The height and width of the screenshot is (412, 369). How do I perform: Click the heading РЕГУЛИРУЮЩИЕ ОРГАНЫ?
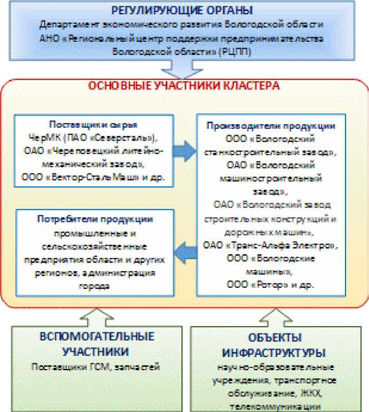(x=184, y=11)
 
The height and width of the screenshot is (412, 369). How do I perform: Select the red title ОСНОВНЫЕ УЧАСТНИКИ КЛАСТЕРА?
(x=183, y=87)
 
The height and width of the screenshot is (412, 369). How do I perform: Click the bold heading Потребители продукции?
(x=94, y=220)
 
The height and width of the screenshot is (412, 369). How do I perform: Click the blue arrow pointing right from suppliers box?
(x=184, y=150)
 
